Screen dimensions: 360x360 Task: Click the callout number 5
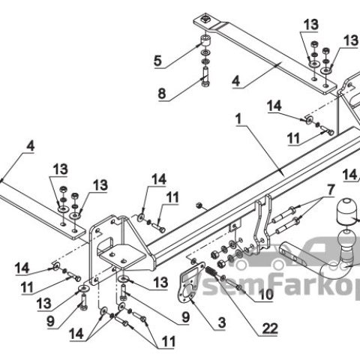click(x=157, y=61)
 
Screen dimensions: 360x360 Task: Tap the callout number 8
click(x=162, y=94)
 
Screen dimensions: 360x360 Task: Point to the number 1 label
click(x=239, y=119)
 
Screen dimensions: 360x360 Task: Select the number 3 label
click(x=222, y=322)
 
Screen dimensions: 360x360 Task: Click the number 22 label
click(x=270, y=328)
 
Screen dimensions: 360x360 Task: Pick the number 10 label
click(x=266, y=295)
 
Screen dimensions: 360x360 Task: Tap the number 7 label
click(x=331, y=190)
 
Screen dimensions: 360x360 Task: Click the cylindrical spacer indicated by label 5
click(x=205, y=41)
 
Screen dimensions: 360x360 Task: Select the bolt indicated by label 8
click(x=205, y=76)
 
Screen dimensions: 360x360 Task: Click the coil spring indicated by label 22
click(x=211, y=271)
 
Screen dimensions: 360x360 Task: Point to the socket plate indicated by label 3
click(x=191, y=283)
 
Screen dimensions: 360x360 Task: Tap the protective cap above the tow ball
click(x=348, y=211)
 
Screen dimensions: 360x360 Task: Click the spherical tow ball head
click(x=346, y=241)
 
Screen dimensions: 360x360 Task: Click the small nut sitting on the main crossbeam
click(x=199, y=205)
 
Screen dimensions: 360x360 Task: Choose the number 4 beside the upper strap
click(x=236, y=82)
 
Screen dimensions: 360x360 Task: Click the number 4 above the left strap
click(x=31, y=146)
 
